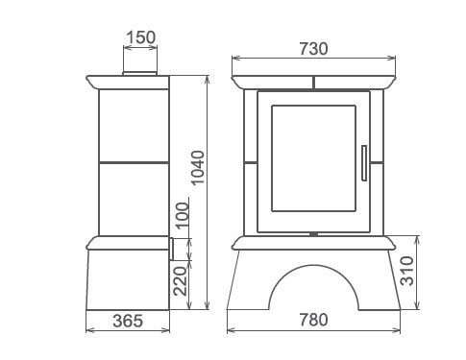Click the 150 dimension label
(x=141, y=37)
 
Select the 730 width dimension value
(x=314, y=49)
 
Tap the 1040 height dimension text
(x=198, y=167)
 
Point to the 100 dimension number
(x=184, y=215)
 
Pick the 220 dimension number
(x=180, y=281)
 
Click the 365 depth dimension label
(x=128, y=321)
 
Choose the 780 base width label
(x=314, y=320)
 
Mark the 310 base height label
(x=407, y=271)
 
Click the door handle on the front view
(x=364, y=163)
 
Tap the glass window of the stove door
(x=313, y=158)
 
